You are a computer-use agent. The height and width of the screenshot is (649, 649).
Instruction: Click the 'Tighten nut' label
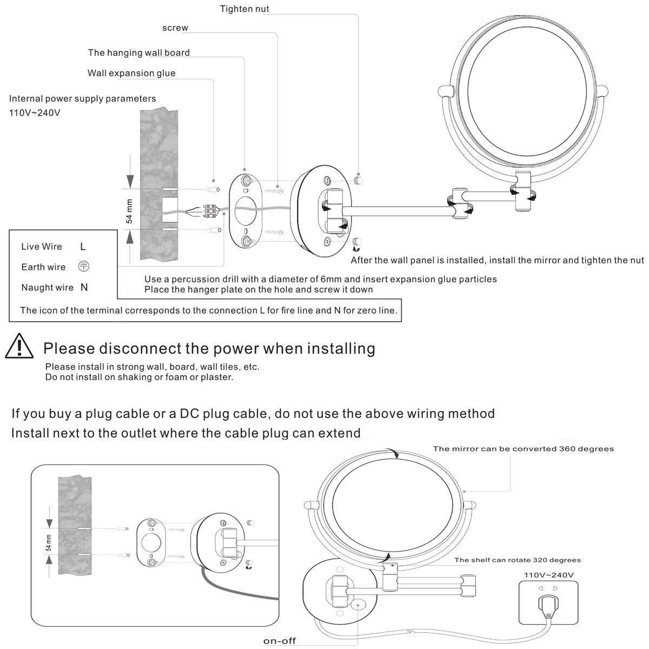pos(244,9)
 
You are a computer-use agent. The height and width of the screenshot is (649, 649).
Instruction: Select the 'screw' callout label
pos(175,28)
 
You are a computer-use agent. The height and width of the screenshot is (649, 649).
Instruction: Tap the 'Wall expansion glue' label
pos(131,73)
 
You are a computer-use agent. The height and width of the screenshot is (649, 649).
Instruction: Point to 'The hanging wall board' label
pos(139,52)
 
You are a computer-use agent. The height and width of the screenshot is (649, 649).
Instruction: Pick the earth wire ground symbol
pos(84,267)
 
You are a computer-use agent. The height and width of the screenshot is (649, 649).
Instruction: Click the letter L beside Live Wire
pos(83,247)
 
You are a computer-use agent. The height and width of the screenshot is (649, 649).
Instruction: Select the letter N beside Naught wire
pos(84,287)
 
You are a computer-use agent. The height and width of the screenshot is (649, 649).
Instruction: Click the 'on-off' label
pos(280,641)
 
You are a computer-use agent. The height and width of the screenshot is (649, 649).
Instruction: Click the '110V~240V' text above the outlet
pos(548,574)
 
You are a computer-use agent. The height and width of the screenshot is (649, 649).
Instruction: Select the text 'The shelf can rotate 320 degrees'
pos(518,560)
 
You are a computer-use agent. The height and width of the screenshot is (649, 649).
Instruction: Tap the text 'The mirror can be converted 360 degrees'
pos(523,448)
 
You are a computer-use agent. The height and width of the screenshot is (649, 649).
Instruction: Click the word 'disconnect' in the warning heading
pos(140,348)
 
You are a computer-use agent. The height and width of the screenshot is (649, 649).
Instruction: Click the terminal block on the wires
pos(211,211)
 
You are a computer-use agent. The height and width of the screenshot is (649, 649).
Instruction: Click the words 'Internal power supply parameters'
pos(83,98)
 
